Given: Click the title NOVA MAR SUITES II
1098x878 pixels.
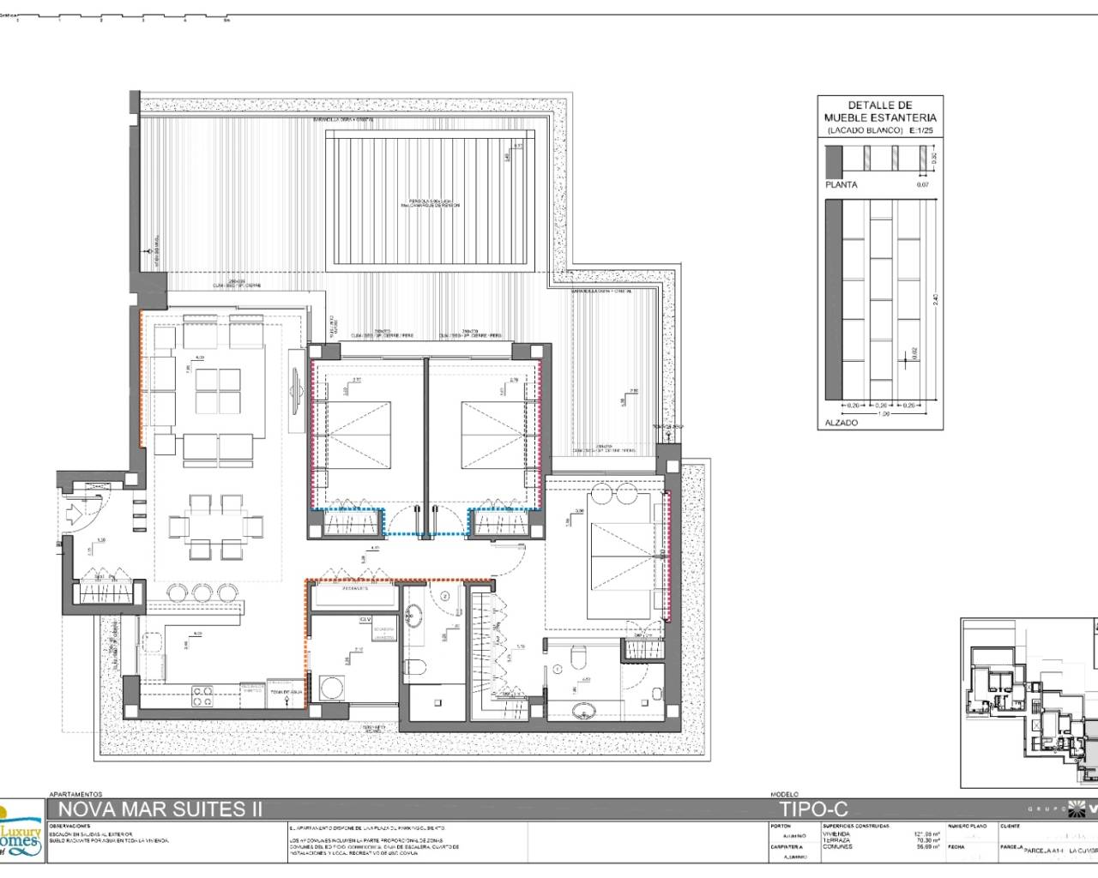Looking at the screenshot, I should tap(160, 809).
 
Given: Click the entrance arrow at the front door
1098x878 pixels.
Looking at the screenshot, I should tap(75, 513).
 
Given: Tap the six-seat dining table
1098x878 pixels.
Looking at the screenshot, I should tap(204, 524).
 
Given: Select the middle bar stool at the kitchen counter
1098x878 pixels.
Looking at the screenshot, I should tap(204, 592).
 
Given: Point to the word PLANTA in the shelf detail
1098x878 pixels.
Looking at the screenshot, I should tap(841, 184).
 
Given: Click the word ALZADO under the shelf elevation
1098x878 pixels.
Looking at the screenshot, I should tap(841, 423).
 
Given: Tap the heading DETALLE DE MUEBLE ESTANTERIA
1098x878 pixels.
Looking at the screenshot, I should tap(880, 111).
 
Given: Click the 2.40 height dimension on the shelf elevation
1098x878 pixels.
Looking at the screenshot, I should tap(936, 299).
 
